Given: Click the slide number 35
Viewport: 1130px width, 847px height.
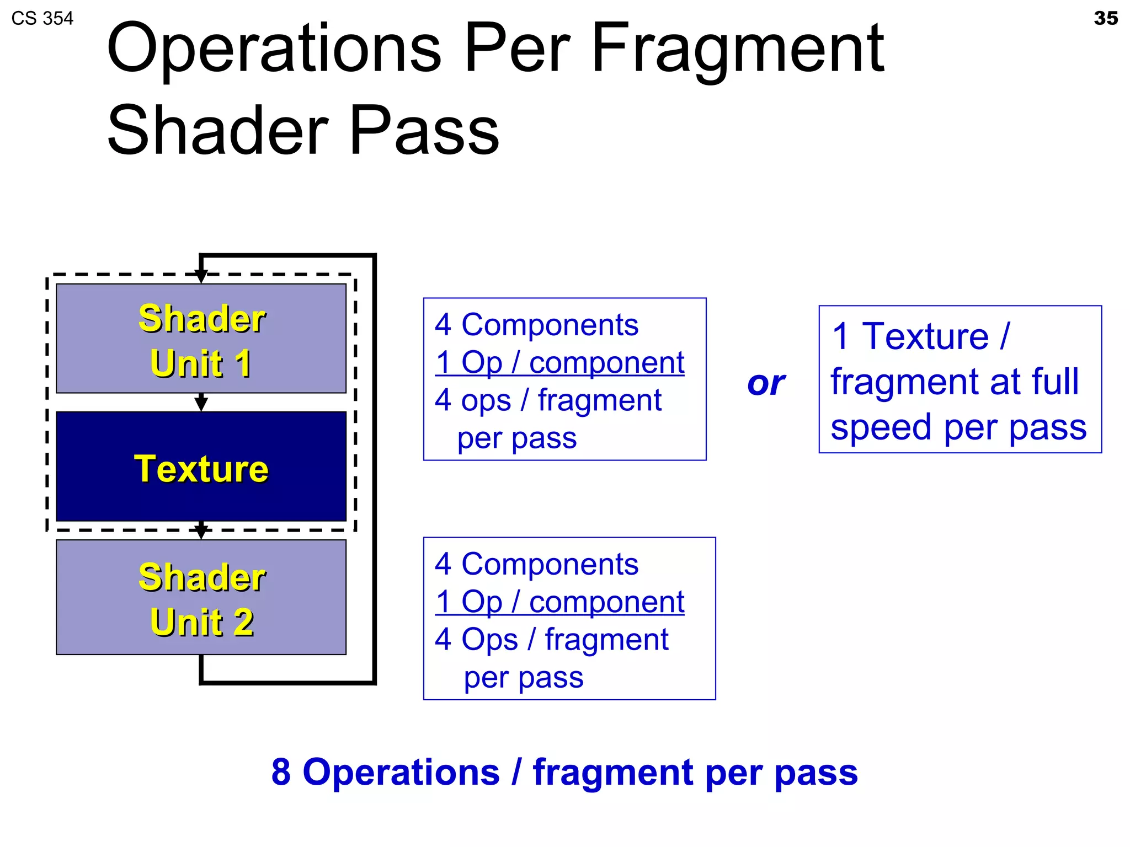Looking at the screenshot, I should pos(1105,18).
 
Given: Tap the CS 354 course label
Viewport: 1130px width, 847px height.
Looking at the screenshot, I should pos(42,19).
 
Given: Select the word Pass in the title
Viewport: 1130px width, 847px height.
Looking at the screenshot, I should pos(424,131).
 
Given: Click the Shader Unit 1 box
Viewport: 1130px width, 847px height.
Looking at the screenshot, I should pos(201,339).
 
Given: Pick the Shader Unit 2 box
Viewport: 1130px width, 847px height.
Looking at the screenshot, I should pos(201,597).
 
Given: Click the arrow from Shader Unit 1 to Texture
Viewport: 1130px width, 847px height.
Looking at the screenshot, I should pos(201,403).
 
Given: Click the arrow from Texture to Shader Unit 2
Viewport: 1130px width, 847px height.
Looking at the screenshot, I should pos(201,530).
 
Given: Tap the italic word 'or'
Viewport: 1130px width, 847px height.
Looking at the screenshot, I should pos(766,383).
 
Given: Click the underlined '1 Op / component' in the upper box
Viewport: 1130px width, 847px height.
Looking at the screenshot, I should pos(559,363).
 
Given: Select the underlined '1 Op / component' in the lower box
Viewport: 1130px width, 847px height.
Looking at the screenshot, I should pos(559,602).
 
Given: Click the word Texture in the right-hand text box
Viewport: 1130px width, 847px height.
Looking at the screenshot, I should pos(925,336).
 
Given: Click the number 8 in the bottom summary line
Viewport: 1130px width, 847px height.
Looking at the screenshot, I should pos(281,772).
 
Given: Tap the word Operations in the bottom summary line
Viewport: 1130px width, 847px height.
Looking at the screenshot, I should pos(401,772).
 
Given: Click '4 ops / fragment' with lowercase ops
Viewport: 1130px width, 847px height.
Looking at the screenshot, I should pos(548,400).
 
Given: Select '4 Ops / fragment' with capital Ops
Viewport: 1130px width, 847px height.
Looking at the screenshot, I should pos(551,640).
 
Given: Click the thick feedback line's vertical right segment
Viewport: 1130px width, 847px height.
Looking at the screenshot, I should pos(374,469).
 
